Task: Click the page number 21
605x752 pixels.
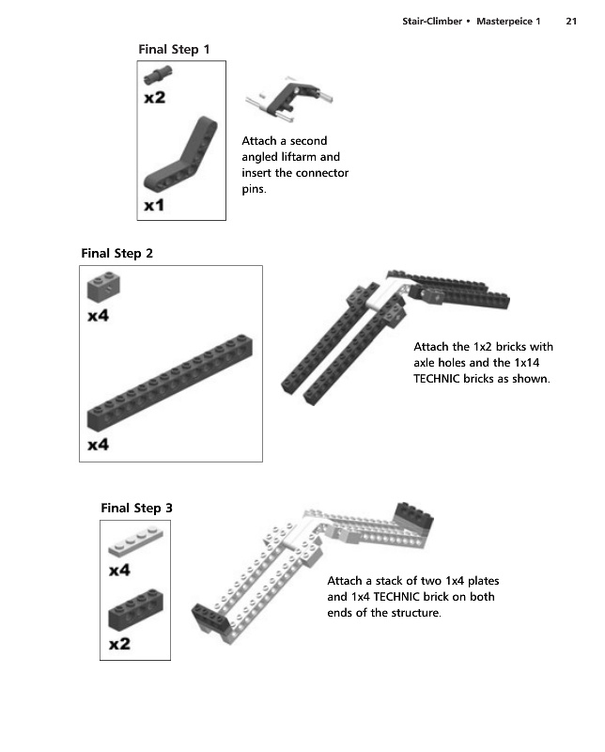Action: click(x=571, y=21)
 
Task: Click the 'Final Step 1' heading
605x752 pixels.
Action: click(x=174, y=50)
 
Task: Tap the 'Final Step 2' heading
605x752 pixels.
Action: click(x=117, y=253)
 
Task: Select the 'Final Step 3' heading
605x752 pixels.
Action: click(x=136, y=508)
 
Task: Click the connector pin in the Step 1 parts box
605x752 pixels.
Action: click(x=158, y=75)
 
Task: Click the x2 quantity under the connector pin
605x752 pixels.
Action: click(x=154, y=98)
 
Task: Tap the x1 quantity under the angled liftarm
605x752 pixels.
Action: click(x=154, y=205)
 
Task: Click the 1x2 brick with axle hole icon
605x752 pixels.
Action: click(x=103, y=287)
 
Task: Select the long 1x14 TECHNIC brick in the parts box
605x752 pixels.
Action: click(x=170, y=383)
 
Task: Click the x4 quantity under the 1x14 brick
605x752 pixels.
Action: click(x=98, y=445)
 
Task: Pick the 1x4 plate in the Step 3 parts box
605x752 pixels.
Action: click(x=135, y=542)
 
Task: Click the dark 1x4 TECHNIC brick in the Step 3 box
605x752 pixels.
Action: click(x=135, y=609)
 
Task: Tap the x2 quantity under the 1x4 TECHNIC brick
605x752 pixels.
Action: click(x=119, y=644)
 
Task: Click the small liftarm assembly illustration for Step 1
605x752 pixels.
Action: click(x=289, y=99)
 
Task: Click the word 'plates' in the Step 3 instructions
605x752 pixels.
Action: click(x=483, y=581)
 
